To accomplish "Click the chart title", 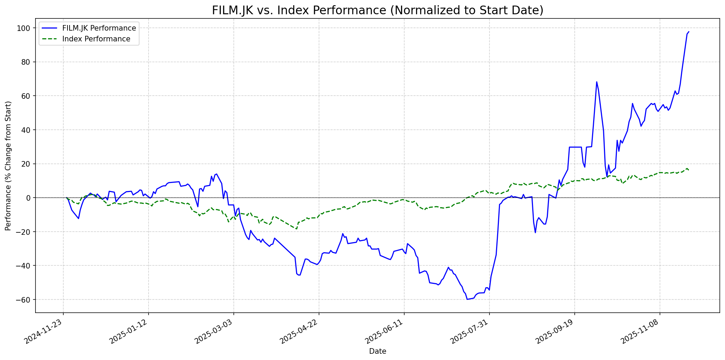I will pyautogui.click(x=377, y=10).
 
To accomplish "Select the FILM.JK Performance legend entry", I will pyautogui.click(x=99, y=28).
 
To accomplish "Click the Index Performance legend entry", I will pyautogui.click(x=96, y=39).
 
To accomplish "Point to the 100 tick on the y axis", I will pyautogui.click(x=25, y=28).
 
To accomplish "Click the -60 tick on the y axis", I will pyautogui.click(x=25, y=299).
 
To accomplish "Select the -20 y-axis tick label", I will pyautogui.click(x=25, y=232).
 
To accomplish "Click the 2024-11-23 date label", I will pyautogui.click(x=44, y=332).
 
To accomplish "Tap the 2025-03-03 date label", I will pyautogui.click(x=214, y=332).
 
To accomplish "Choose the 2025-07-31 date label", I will pyautogui.click(x=470, y=332).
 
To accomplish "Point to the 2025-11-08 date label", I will pyautogui.click(x=640, y=332).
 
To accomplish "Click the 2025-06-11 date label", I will pyautogui.click(x=385, y=332).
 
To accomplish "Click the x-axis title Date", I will pyautogui.click(x=377, y=351).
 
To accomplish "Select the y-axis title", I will pyautogui.click(x=8, y=166).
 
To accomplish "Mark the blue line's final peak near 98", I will pyautogui.click(x=688, y=32).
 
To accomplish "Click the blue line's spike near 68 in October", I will pyautogui.click(x=597, y=82).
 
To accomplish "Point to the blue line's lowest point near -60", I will pyautogui.click(x=467, y=299).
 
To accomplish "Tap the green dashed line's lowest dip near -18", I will pyautogui.click(x=296, y=229).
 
